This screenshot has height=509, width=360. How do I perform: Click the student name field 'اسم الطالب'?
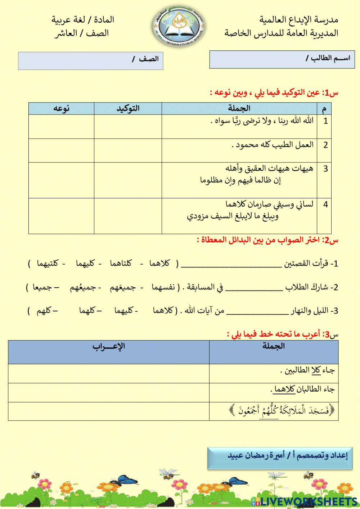coord(282,59)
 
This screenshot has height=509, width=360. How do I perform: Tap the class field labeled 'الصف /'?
coord(90,60)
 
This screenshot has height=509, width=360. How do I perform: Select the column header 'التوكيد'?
coord(128,108)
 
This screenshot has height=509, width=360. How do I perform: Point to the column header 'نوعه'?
coord(61,108)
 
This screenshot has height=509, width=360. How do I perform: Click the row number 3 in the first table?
coord(325,168)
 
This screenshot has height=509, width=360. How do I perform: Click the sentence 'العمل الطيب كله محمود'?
coord(273,145)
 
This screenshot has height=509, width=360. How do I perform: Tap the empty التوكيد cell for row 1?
coord(128,126)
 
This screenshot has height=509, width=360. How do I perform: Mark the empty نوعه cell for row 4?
coord(61,216)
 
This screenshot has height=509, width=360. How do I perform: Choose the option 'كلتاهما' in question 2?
coord(121,263)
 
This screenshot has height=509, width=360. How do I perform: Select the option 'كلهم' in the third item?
coord(44,311)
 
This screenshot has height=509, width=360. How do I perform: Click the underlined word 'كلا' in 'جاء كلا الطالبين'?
coord(316,370)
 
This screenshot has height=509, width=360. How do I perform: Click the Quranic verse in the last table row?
coord(282,411)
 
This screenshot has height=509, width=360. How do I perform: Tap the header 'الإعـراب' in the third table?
coord(108,347)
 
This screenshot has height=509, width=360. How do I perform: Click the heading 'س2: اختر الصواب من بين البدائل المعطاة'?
coord(268,240)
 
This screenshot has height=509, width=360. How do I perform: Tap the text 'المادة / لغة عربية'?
coord(83,20)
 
